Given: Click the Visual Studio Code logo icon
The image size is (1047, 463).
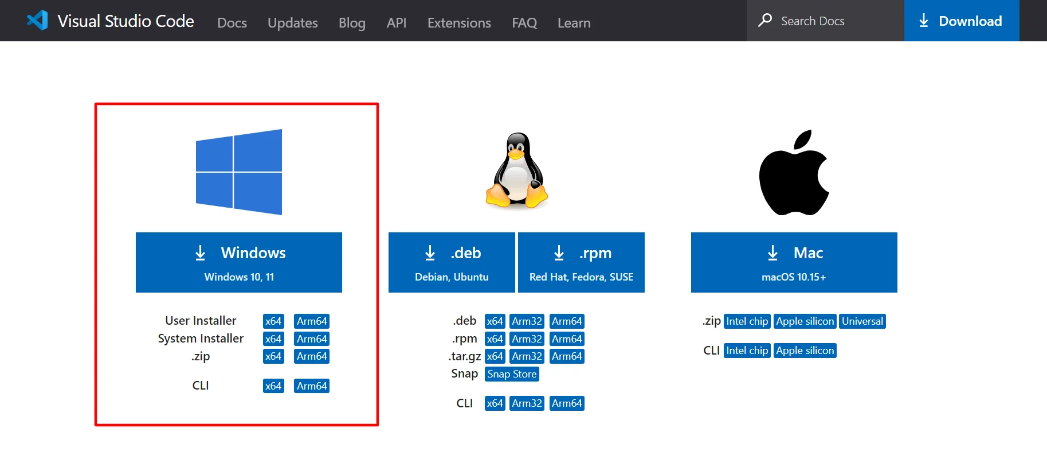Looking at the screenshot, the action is click(37, 21).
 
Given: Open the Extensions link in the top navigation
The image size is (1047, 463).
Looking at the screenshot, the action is click(459, 23).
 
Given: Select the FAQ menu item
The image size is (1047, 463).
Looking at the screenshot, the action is click(524, 23).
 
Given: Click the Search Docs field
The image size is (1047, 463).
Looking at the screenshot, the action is click(825, 21).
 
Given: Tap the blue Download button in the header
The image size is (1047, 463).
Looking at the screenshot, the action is click(962, 21).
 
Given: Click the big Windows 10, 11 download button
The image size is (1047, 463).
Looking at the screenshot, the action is click(239, 262).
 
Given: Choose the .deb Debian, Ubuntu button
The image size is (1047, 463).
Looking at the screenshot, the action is click(452, 262).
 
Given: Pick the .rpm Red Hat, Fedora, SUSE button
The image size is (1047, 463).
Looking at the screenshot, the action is click(581, 262).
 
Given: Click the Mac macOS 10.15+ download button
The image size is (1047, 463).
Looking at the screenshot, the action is click(794, 262).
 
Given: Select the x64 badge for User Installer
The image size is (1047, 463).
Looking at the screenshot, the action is click(273, 321).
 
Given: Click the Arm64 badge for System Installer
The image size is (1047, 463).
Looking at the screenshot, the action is click(312, 339).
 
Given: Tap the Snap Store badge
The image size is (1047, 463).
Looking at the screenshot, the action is click(512, 374).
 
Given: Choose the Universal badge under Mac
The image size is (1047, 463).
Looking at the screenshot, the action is click(862, 321).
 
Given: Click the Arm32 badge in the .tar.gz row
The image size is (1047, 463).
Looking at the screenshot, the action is click(527, 356).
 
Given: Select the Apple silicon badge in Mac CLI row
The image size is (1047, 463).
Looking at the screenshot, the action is click(805, 351).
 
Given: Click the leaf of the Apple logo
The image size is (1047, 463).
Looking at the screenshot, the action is click(803, 139).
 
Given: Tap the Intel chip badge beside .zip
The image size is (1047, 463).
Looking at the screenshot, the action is click(747, 321).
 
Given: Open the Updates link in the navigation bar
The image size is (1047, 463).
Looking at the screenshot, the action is click(293, 23).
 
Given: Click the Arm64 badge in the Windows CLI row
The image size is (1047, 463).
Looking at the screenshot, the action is click(312, 386).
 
